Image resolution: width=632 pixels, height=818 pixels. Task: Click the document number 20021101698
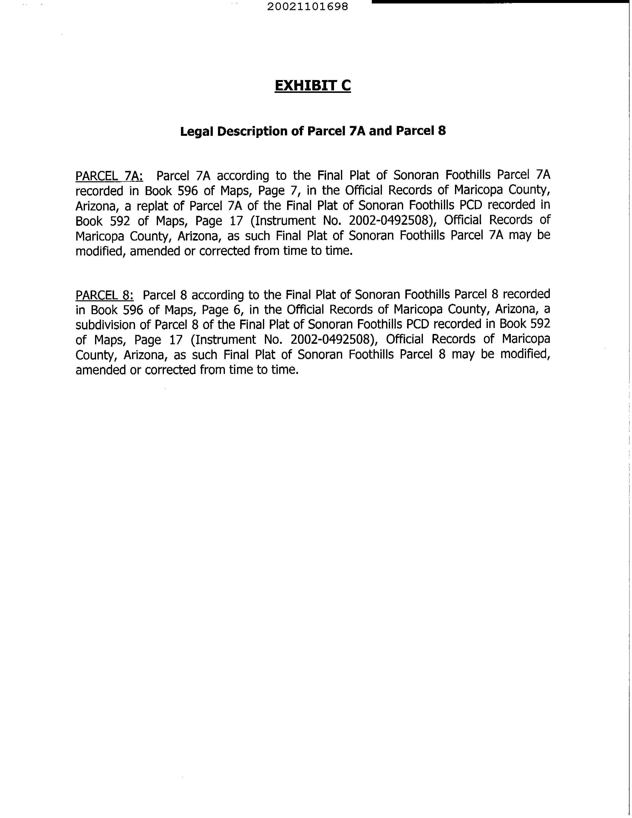coord(307,7)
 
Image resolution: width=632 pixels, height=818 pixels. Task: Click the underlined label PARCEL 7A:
coord(109,176)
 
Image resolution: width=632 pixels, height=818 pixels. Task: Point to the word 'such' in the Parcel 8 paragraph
coord(204,354)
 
